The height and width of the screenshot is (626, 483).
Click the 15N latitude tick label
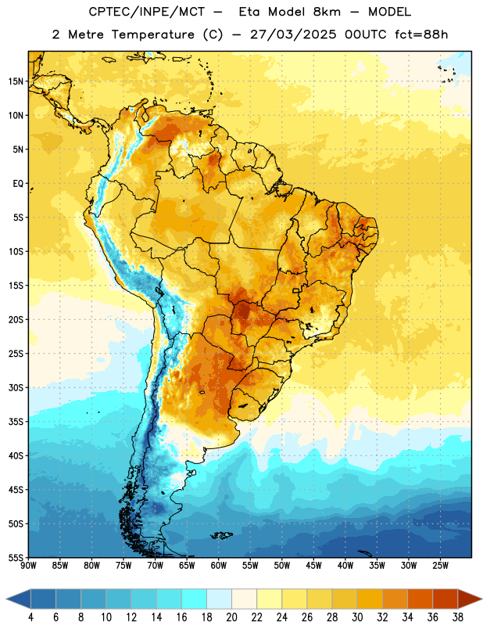coord(16,81)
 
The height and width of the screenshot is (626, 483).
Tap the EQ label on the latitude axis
coord(18,184)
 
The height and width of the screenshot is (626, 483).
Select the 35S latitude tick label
coord(16,422)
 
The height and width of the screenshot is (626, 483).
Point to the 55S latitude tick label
coord(16,557)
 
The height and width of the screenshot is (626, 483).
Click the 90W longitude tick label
coord(28,566)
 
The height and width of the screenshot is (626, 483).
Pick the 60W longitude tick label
coord(219,566)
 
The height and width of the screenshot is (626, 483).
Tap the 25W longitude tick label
coord(440,566)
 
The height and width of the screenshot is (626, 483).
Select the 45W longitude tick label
coord(313,566)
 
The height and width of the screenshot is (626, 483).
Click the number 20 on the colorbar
coord(231,617)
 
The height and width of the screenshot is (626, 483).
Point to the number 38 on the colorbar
coord(458,617)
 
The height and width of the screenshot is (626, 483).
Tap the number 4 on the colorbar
coord(30,617)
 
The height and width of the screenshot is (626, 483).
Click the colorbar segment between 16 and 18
coord(195,599)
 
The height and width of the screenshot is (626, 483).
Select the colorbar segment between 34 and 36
coord(420,599)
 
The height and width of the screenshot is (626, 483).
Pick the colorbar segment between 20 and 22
coord(245,599)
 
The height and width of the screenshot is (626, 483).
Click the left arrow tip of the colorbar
coord(6,599)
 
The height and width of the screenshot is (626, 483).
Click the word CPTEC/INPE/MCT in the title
coord(146,12)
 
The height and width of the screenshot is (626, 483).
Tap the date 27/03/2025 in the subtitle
coord(293,34)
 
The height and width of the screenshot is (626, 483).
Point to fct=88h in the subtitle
coord(421,34)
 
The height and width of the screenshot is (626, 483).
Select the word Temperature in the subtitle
coord(152,34)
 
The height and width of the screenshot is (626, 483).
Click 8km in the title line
coord(327,12)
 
